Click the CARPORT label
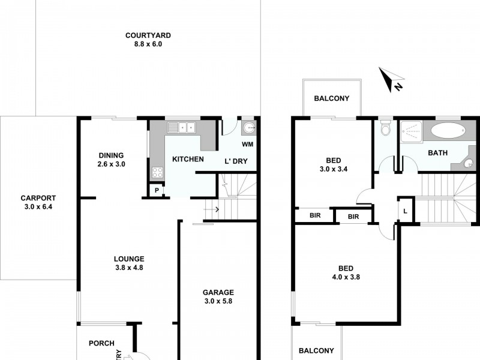pyautogui.click(x=38, y=198)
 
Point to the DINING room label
pyautogui.click(x=111, y=155)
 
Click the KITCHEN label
pyautogui.click(x=188, y=159)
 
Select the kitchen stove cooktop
pyautogui.click(x=157, y=173)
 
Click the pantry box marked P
pyautogui.click(x=157, y=190)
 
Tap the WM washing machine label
pyautogui.click(x=247, y=145)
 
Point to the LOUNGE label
pyautogui.click(x=129, y=259)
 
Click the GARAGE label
pyautogui.click(x=218, y=293)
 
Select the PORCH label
pyautogui.click(x=101, y=343)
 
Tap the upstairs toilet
pyautogui.click(x=386, y=128)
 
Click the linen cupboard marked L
pyautogui.click(x=406, y=210)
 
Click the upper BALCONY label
pyautogui.click(x=332, y=99)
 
